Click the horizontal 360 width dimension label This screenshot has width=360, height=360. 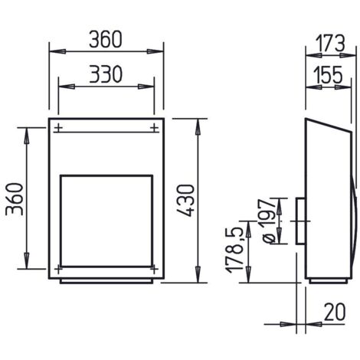tap(106, 40)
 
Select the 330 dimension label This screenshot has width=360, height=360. tap(106, 74)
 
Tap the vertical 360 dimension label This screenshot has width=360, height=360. tap(15, 199)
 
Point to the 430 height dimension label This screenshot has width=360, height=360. tap(186, 201)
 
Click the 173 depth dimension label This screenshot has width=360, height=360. tap(330, 43)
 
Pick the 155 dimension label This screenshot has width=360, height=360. tap(328, 75)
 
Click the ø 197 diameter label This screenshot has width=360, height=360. tap(267, 221)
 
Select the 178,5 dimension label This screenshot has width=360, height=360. tap(234, 250)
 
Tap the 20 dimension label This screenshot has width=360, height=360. tap(335, 312)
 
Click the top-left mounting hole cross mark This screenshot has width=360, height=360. tap(58, 128)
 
